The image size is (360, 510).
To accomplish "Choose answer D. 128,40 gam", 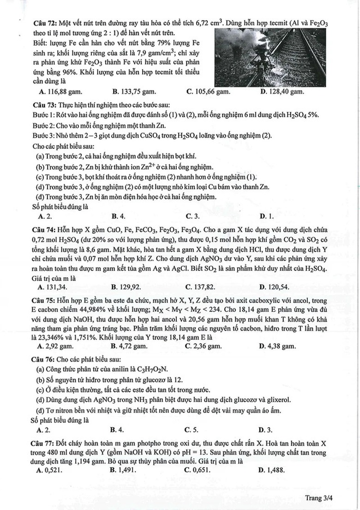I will click(x=282, y=91).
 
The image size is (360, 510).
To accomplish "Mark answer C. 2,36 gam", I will click(x=204, y=346).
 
